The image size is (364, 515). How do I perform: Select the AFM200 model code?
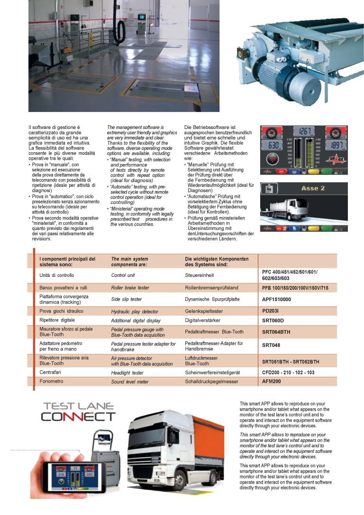[272, 381]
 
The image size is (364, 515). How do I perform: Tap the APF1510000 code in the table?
[276, 299]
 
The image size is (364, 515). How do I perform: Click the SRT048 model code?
[271, 345]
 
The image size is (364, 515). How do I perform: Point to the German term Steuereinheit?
[200, 275]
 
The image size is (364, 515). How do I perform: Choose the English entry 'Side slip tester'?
[127, 299]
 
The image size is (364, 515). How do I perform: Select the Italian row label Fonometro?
[51, 381]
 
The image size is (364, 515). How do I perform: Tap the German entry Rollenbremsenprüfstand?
[211, 288]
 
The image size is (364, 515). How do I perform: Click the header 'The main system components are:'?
[130, 262]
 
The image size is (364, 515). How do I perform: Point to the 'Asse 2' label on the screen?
[313, 188]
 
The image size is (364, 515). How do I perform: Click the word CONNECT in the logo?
[78, 417]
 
